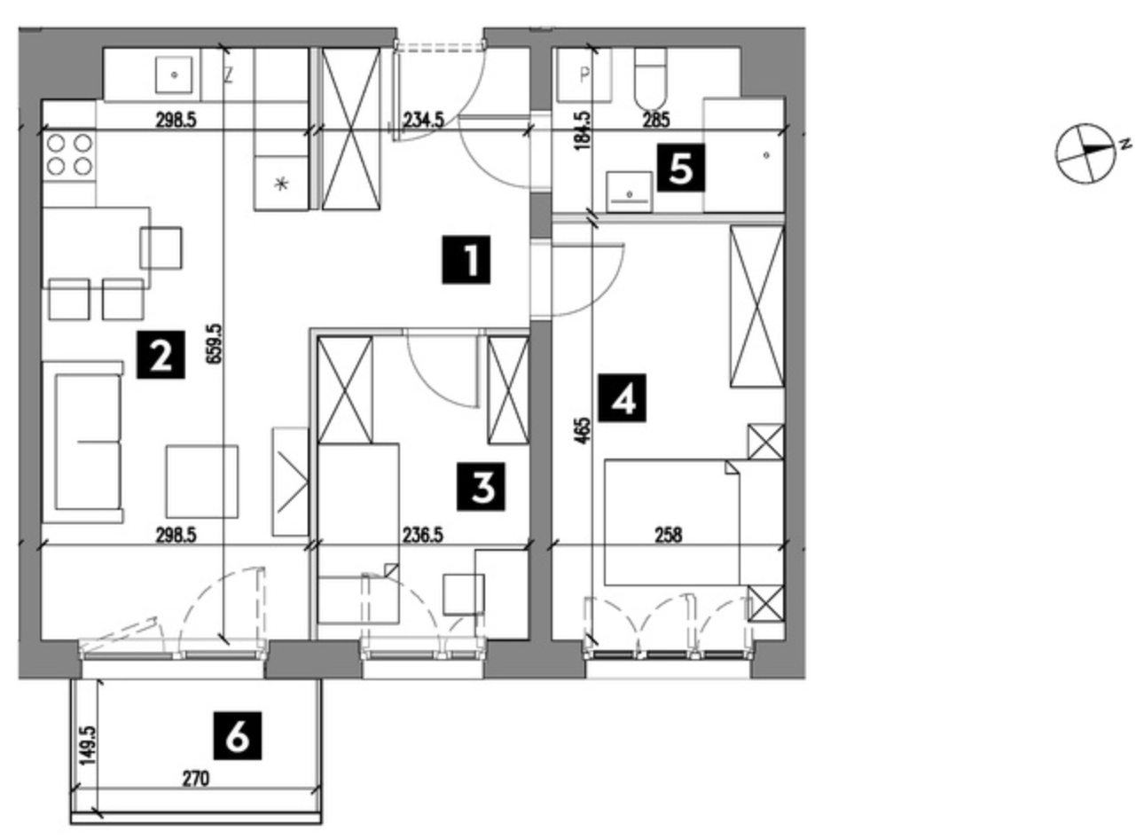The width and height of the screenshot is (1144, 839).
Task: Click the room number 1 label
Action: point(466,259)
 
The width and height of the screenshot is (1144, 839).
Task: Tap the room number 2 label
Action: point(161,355)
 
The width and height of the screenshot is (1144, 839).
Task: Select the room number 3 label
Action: point(481,487)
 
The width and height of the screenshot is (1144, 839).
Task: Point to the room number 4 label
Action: point(622,398)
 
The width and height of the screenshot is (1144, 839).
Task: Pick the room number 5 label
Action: point(681,168)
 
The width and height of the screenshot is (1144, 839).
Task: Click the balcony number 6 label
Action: point(238,736)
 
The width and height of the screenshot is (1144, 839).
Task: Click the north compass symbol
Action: point(1087,153)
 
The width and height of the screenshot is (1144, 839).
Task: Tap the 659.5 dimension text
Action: point(214,343)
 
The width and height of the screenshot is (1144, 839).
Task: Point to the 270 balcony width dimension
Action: point(196,780)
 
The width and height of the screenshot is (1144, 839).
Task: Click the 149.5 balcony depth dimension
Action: point(87,746)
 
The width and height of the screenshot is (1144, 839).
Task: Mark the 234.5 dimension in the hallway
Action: point(423,121)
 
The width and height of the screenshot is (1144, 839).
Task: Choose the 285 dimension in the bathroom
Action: point(655,121)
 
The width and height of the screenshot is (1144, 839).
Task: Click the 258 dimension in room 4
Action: point(668,535)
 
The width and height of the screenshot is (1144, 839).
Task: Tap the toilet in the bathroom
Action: point(651,78)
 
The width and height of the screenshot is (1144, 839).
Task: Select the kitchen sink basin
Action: point(174,74)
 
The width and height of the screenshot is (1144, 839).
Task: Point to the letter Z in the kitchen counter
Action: point(228,76)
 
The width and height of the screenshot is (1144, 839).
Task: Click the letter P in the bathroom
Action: point(584,75)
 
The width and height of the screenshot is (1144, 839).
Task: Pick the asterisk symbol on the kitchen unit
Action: point(281,184)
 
